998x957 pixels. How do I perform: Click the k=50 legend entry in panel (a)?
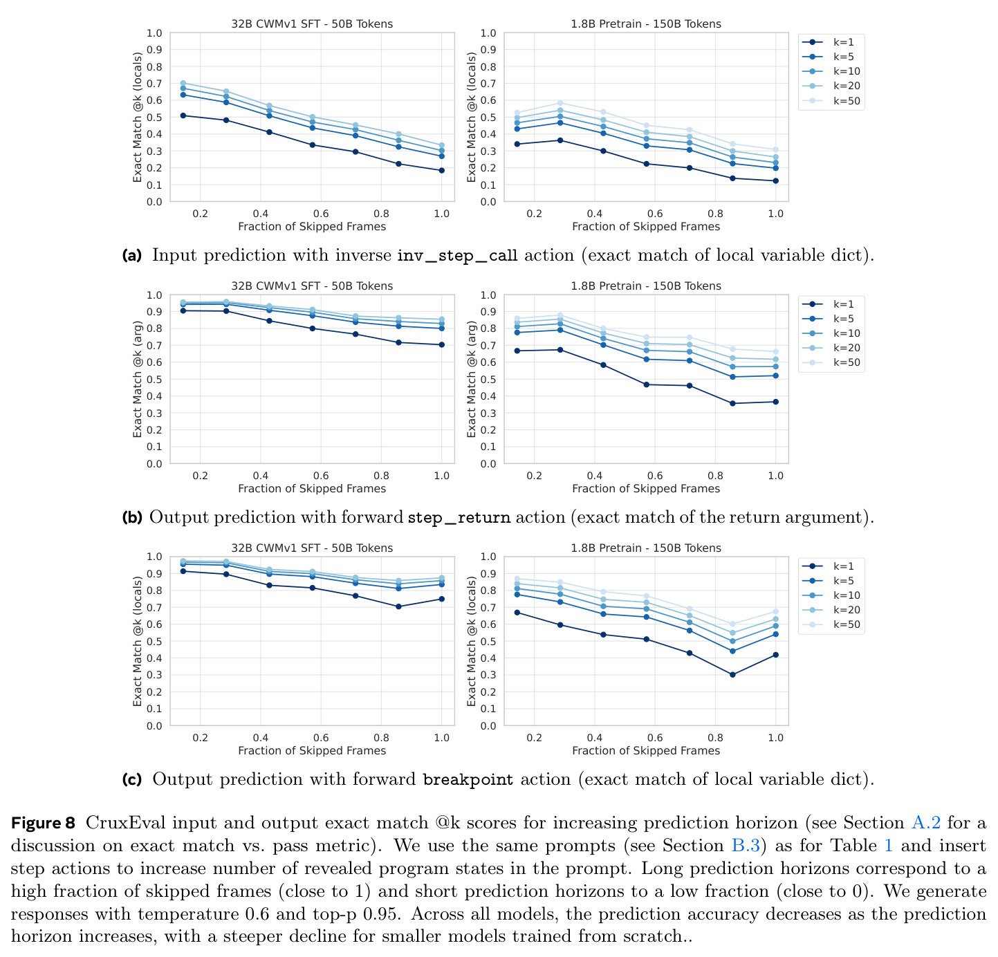831,101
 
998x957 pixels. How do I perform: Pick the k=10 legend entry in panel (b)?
831,333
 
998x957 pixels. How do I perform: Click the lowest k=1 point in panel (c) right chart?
732,675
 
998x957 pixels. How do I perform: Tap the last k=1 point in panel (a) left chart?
441,170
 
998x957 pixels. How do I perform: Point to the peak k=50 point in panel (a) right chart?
560,103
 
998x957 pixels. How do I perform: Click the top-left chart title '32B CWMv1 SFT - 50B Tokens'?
312,24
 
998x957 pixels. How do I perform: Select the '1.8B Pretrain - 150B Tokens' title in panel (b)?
646,286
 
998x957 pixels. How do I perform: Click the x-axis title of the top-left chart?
312,227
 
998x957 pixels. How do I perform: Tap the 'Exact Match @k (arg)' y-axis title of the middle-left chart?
137,379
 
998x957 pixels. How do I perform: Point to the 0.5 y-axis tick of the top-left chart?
154,118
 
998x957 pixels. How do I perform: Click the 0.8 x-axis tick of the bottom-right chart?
715,738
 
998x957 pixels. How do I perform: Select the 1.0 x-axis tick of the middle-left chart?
441,476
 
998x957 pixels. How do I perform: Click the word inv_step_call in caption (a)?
457,255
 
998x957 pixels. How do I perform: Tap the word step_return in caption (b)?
459,517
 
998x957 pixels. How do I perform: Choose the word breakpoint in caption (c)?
468,779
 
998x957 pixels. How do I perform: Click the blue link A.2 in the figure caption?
925,823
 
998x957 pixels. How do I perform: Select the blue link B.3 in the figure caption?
745,845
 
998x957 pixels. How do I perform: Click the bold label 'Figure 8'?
43,823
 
